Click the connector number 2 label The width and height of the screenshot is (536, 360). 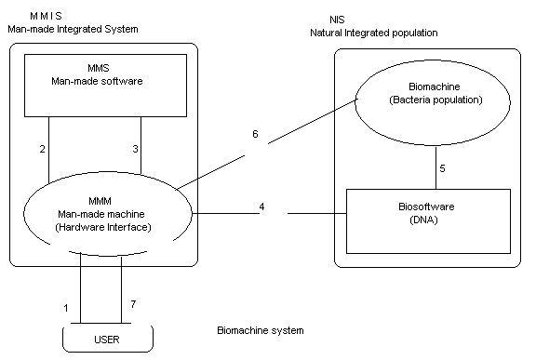43,149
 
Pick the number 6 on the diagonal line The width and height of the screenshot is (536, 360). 255,135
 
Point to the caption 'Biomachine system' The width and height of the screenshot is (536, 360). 260,330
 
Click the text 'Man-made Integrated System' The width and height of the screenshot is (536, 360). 72,29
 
